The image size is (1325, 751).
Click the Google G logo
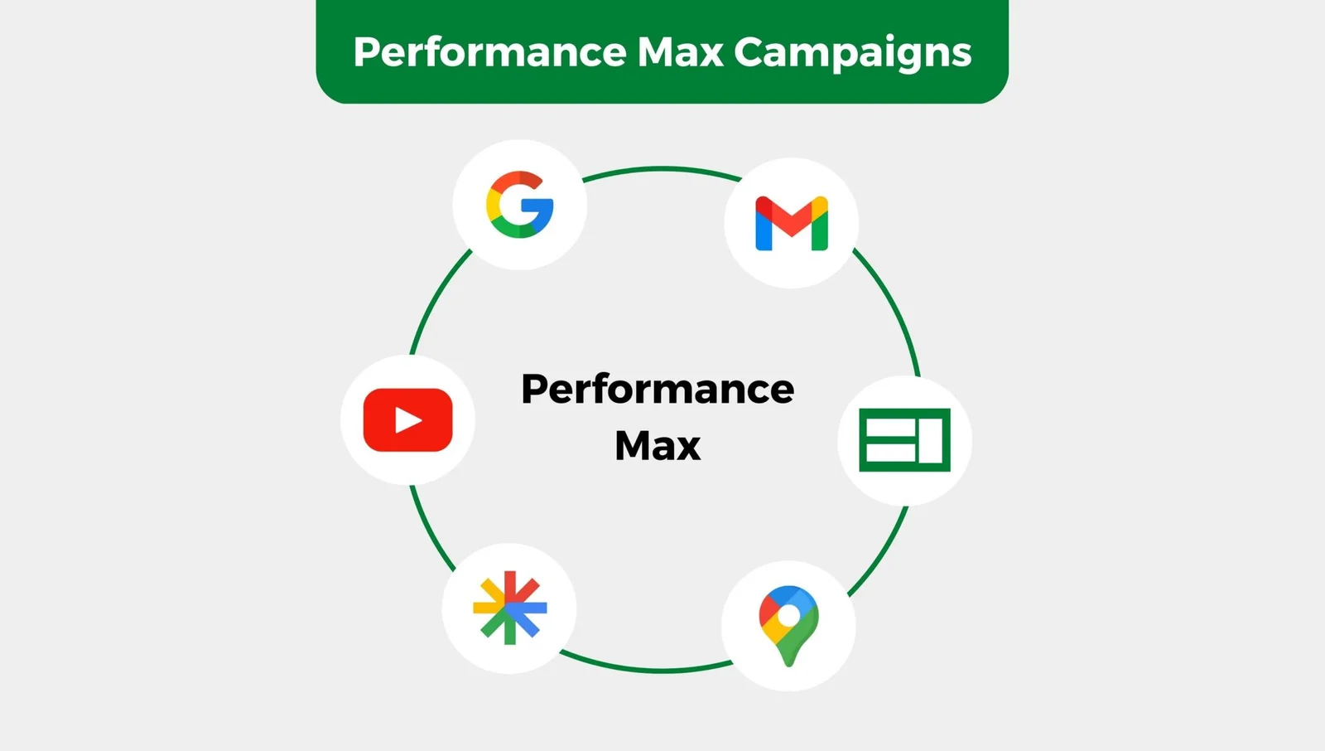pyautogui.click(x=520, y=205)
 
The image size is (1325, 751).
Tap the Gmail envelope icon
pyautogui.click(x=792, y=223)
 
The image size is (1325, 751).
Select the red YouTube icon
pyautogui.click(x=408, y=420)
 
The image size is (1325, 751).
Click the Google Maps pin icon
pyautogui.click(x=788, y=626)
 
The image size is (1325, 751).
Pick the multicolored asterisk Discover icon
pyautogui.click(x=510, y=608)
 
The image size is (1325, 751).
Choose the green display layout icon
pyautogui.click(x=904, y=440)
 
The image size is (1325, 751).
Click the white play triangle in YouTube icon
pyautogui.click(x=408, y=420)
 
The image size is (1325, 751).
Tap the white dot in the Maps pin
pyautogui.click(x=788, y=616)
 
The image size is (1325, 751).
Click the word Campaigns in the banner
pyautogui.click(x=852, y=52)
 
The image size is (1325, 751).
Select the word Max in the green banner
pyautogui.click(x=680, y=52)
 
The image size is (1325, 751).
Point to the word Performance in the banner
pyautogui.click(x=489, y=52)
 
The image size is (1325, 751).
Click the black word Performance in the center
pyautogui.click(x=658, y=389)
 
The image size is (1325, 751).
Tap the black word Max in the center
pyautogui.click(x=658, y=445)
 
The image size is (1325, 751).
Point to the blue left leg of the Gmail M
pyautogui.click(x=764, y=228)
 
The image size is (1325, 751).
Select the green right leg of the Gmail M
pyautogui.click(x=819, y=228)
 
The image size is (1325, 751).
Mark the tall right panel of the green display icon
pyautogui.click(x=930, y=440)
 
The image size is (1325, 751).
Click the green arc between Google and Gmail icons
pyautogui.click(x=662, y=169)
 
